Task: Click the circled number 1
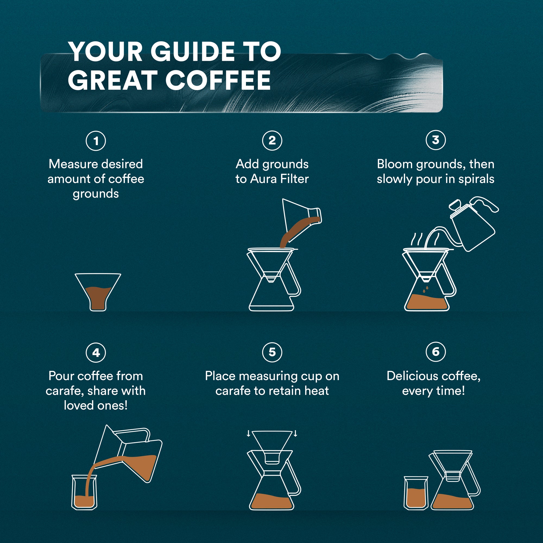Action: tap(96, 141)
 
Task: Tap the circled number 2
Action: tap(272, 140)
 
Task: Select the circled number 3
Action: tap(435, 140)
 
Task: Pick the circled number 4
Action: tap(96, 352)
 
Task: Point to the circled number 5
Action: tap(272, 352)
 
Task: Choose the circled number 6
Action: tap(435, 352)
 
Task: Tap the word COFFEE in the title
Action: tap(218, 80)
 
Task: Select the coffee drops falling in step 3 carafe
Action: tap(425, 290)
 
